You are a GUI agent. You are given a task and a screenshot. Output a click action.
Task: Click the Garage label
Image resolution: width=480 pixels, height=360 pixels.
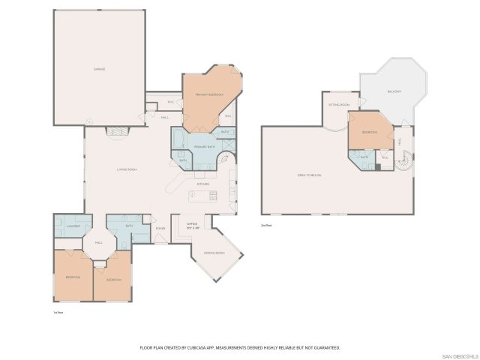pos(99,69)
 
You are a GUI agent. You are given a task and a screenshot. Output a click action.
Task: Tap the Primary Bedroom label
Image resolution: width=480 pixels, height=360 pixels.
pos(209,94)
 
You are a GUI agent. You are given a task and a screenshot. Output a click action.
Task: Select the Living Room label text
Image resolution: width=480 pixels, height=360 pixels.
pos(126,169)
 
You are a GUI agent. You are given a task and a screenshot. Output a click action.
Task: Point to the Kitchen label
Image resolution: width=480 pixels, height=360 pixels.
pos(203,184)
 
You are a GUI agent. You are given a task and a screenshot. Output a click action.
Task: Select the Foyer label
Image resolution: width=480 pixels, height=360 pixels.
pos(160,228)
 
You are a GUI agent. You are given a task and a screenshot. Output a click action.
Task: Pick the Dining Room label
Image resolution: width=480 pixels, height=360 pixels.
pos(214,253)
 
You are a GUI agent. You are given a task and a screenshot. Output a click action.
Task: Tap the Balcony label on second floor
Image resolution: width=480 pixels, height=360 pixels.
pos(394,91)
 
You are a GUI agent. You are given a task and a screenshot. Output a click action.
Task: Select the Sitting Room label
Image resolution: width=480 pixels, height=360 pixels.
pos(339,105)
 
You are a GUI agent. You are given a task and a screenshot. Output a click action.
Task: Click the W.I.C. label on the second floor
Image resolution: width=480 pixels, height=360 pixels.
pos(384,157)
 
